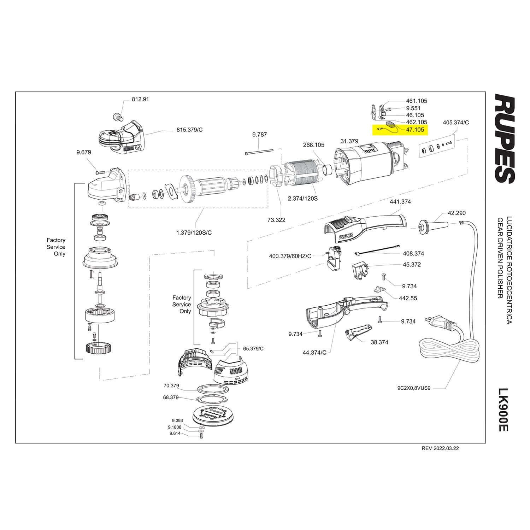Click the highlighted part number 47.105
coord(415,130)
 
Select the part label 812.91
coord(140,99)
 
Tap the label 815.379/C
coord(190,130)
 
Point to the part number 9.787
coord(260,134)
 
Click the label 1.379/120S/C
coord(194,232)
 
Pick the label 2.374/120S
coord(303,199)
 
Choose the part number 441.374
coord(400,202)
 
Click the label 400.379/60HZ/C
coord(290,256)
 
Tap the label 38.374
coord(379,342)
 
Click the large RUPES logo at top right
coord(504,139)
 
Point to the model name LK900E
coord(503,410)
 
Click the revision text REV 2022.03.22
coord(440,448)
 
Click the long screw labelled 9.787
coord(259,152)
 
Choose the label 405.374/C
coord(456,123)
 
